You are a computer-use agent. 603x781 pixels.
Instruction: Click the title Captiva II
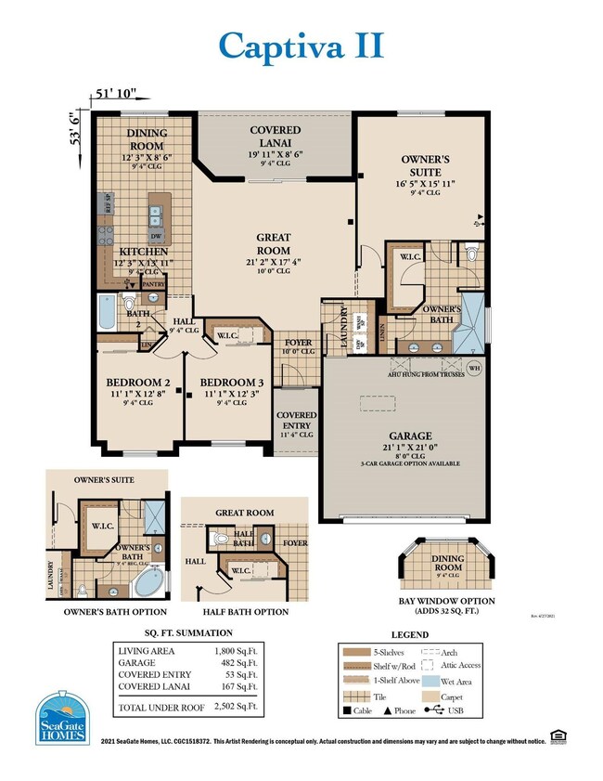pyautogui.click(x=301, y=46)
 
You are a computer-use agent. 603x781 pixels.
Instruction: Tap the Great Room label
pyautogui.click(x=274, y=244)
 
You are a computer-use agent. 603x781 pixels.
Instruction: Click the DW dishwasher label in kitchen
pyautogui.click(x=156, y=236)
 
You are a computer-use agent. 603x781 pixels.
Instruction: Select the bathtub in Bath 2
pyautogui.click(x=105, y=310)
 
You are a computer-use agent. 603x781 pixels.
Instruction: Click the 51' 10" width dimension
pyautogui.click(x=115, y=94)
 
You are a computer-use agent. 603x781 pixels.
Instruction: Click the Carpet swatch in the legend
pyautogui.click(x=431, y=696)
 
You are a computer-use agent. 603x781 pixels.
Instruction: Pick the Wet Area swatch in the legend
pyautogui.click(x=431, y=681)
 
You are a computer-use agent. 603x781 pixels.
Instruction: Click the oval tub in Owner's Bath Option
pyautogui.click(x=148, y=583)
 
